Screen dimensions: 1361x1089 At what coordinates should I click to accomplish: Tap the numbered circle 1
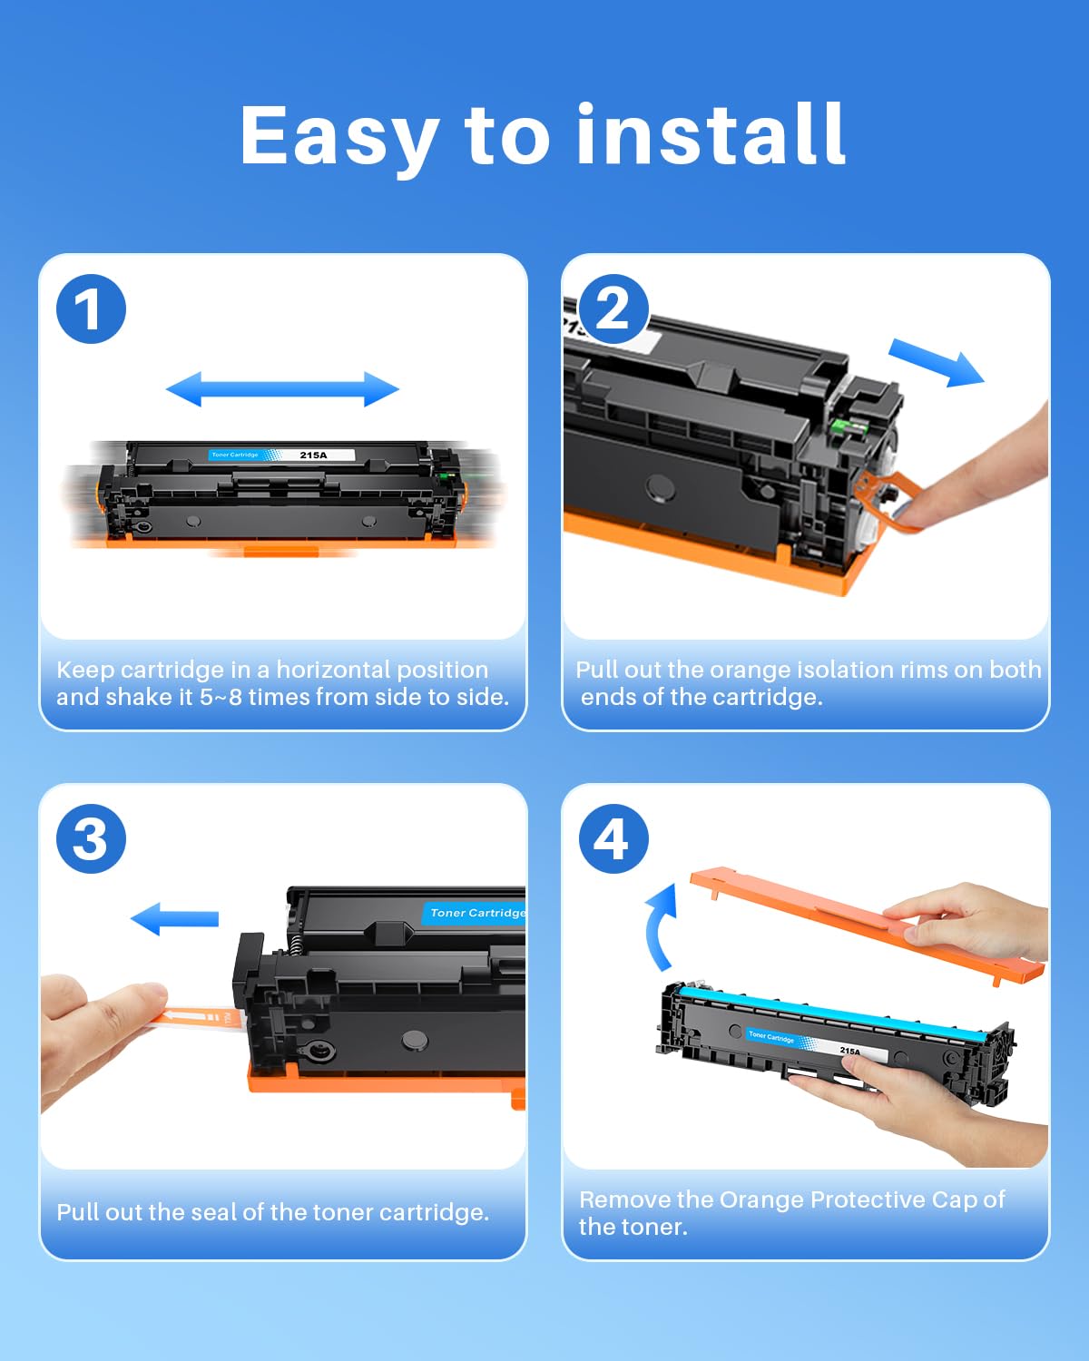(91, 309)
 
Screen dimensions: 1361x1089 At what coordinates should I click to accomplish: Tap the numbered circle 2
(613, 309)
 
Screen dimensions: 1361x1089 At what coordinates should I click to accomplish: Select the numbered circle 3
(91, 839)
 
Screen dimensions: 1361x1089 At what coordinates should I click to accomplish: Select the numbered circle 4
(613, 839)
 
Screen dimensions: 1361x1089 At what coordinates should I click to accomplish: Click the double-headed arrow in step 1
(282, 389)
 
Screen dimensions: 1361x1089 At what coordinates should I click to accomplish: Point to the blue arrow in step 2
(936, 362)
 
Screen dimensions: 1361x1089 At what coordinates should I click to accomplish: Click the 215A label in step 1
(313, 455)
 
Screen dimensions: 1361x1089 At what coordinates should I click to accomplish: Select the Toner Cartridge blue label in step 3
(475, 913)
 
